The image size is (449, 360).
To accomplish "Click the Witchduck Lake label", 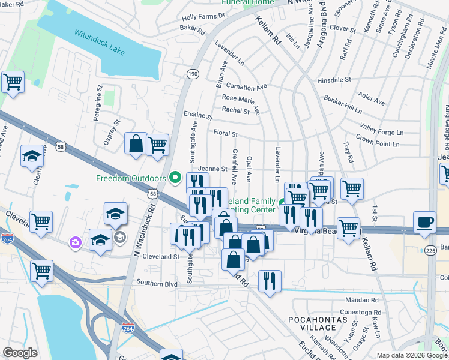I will pyautogui.click(x=100, y=41).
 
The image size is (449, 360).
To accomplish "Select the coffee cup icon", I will pyautogui.click(x=425, y=221).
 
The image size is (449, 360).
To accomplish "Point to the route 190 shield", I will pyautogui.click(x=193, y=73).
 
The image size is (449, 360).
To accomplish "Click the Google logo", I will pyautogui.click(x=20, y=353).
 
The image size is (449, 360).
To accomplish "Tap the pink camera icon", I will pyautogui.click(x=76, y=242).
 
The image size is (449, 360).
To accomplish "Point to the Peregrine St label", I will pyautogui.click(x=99, y=104).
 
